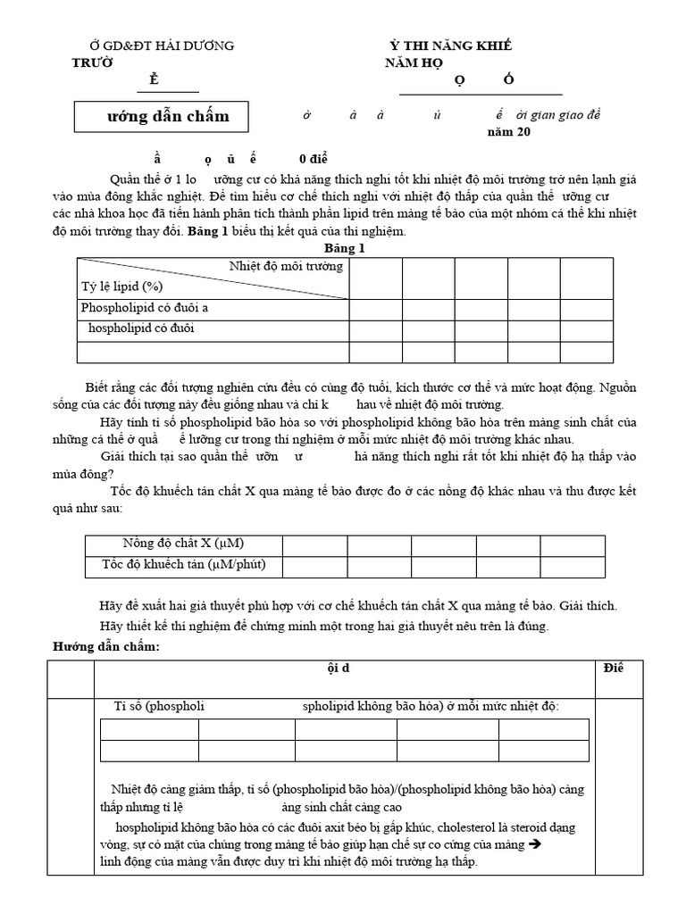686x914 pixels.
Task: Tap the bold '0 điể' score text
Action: click(x=314, y=158)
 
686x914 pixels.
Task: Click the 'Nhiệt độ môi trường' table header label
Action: click(x=285, y=266)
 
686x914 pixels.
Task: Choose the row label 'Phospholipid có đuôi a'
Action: click(x=145, y=308)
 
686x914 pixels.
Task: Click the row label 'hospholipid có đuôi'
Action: click(x=141, y=328)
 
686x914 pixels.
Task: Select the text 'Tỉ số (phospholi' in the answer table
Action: click(x=160, y=706)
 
